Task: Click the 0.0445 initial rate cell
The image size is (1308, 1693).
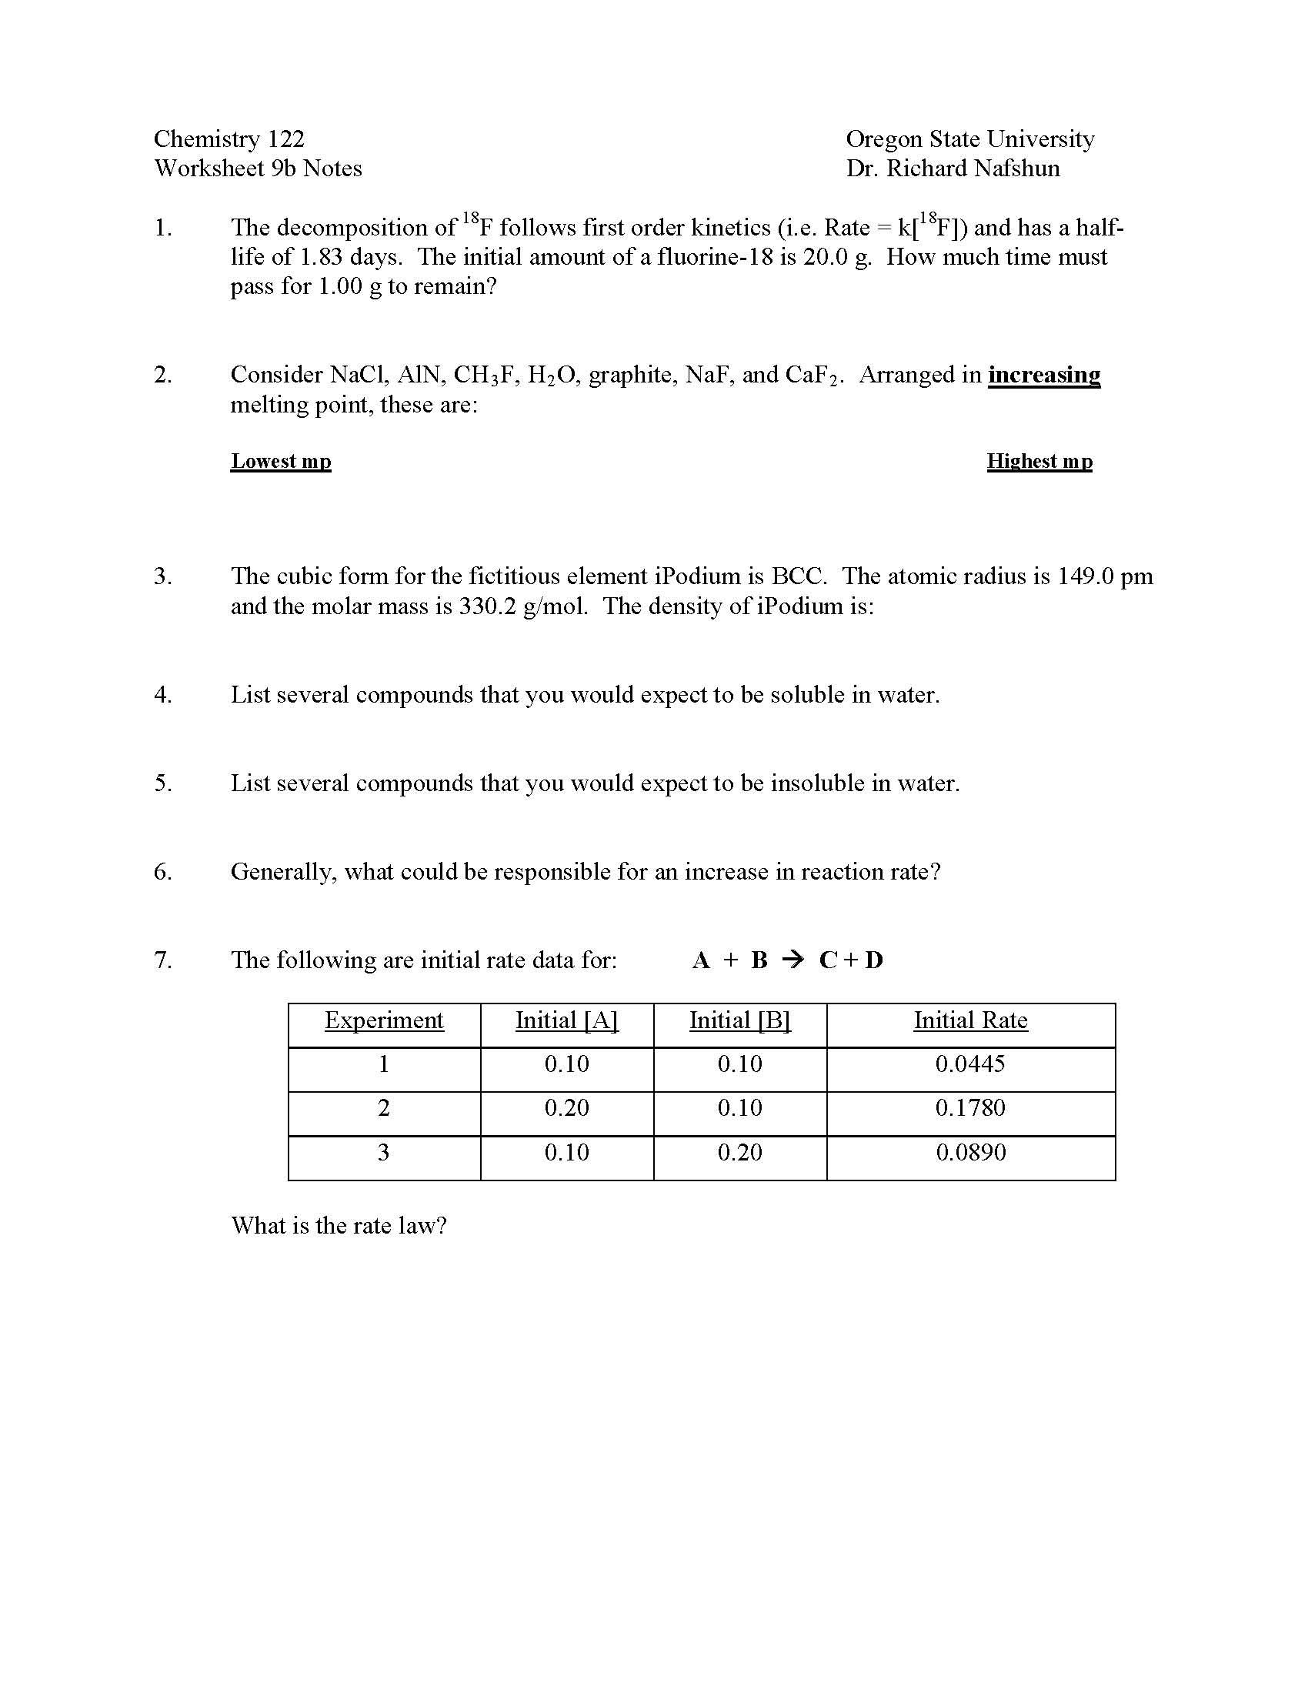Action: [x=970, y=1064]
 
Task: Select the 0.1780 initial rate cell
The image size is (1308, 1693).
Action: [x=970, y=1107]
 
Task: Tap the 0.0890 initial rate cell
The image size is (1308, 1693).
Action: [x=970, y=1152]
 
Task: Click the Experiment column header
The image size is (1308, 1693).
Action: [x=384, y=1020]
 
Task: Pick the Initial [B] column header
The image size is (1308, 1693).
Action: [x=740, y=1020]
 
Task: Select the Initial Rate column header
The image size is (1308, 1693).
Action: [x=970, y=1020]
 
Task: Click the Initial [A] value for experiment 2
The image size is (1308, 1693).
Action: [x=566, y=1107]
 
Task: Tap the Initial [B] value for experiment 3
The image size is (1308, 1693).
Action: [x=740, y=1152]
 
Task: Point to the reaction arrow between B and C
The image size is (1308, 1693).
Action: [x=792, y=960]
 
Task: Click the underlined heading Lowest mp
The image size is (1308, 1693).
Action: [x=281, y=461]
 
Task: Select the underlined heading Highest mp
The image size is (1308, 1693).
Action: [x=1039, y=461]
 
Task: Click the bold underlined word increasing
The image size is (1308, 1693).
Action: [x=1044, y=376]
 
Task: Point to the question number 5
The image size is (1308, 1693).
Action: [x=162, y=783]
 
